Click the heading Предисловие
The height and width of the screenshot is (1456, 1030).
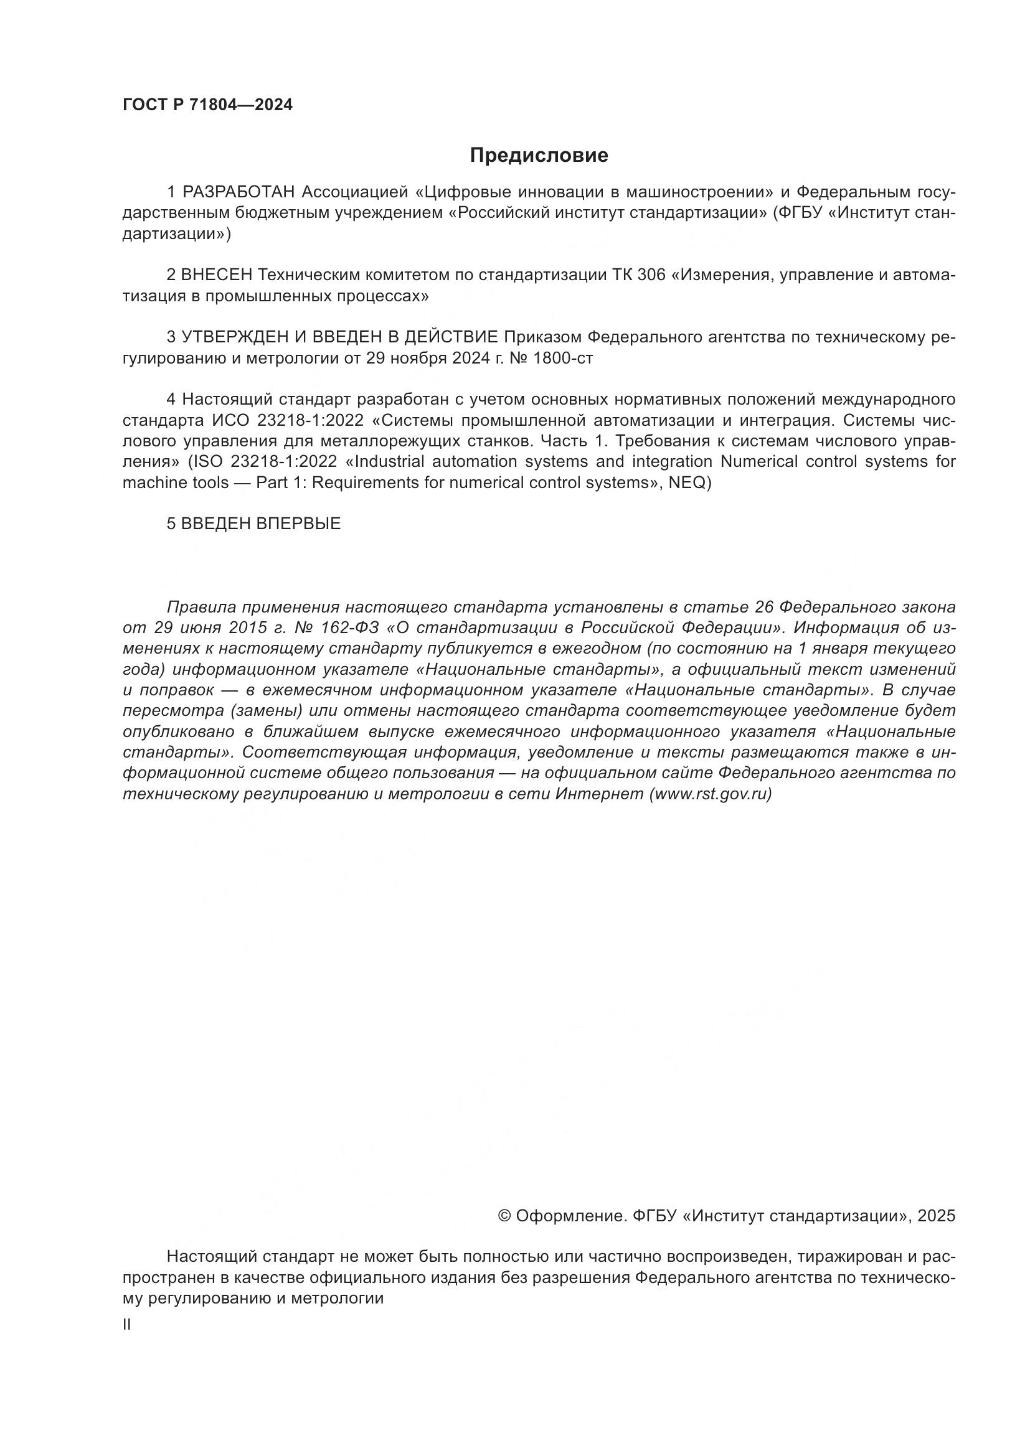(539, 156)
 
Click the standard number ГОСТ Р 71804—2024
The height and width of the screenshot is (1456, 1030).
(207, 105)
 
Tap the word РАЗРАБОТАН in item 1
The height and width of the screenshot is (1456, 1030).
(239, 192)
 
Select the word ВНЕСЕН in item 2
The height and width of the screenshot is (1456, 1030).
(217, 275)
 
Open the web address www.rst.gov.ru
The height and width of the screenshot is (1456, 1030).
(711, 794)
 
